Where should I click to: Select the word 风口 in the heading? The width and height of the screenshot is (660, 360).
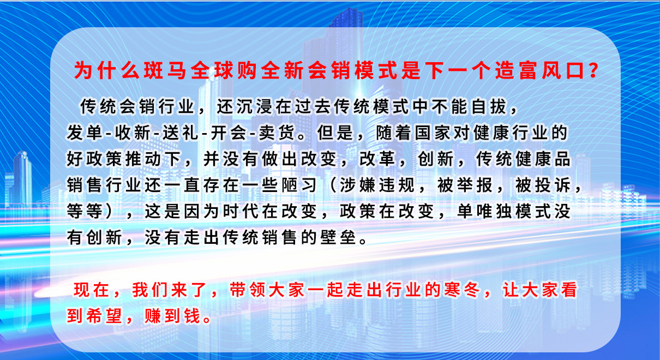coord(563,70)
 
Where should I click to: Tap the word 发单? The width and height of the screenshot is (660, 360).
coord(84,133)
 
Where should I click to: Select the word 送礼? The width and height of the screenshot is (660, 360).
coord(181,133)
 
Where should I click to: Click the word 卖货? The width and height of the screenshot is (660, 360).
coord(277,133)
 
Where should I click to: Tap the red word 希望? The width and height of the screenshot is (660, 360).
coord(104,316)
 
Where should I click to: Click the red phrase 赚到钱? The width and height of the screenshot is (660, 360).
coord(172,316)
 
